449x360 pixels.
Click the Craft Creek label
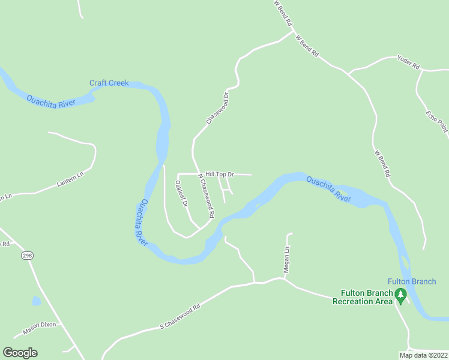109,83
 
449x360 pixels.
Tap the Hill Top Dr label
219,174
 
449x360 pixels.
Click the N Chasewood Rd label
205,196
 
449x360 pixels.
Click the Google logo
20,353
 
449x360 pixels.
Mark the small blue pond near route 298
37,301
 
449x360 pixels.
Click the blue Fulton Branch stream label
411,281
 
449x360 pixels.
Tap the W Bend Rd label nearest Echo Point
382,163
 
